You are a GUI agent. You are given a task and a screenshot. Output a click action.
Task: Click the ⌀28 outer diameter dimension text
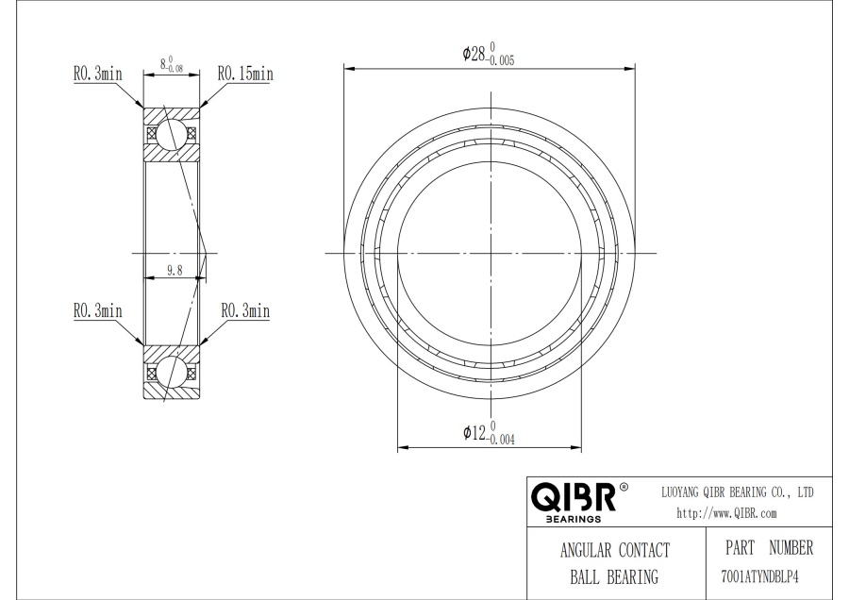click(489, 54)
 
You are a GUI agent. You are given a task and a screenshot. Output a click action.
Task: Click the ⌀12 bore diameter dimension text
click(489, 433)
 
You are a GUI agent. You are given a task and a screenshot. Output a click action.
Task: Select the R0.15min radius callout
click(245, 74)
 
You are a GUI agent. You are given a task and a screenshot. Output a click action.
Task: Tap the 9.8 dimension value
click(175, 270)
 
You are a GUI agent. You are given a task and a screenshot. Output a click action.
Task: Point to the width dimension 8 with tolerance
click(171, 63)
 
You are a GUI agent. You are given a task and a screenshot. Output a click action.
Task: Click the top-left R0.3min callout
click(98, 74)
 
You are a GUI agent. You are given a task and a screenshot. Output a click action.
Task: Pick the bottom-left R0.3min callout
click(98, 310)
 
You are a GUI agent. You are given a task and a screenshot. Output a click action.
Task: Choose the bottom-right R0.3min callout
click(245, 310)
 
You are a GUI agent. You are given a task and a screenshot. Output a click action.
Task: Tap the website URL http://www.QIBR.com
click(726, 513)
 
